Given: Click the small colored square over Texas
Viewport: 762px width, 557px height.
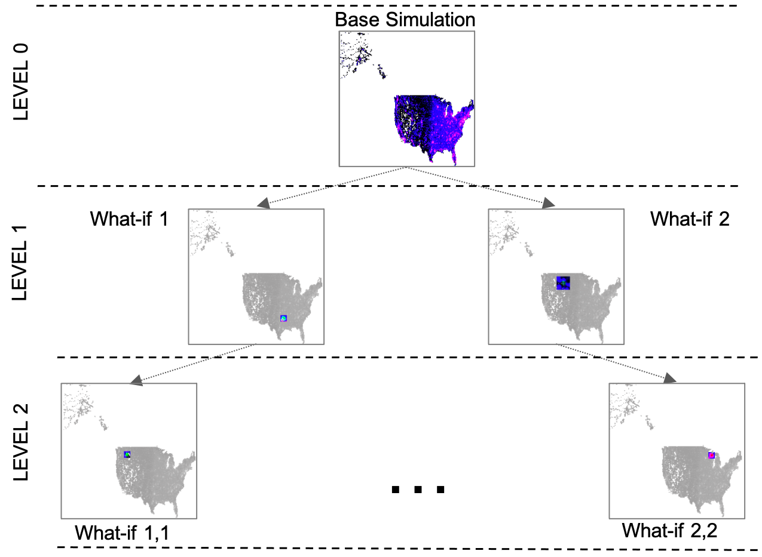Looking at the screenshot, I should click(x=283, y=318).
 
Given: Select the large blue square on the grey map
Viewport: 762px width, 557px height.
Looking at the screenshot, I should click(x=563, y=283).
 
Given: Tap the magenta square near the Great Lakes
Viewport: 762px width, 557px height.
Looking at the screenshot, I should click(x=711, y=455).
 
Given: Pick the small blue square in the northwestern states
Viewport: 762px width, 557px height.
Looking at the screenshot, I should click(x=127, y=454).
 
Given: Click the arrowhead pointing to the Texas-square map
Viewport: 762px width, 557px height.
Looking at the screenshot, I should click(x=264, y=204).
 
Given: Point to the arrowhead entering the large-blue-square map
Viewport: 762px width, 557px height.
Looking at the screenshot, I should click(x=548, y=203).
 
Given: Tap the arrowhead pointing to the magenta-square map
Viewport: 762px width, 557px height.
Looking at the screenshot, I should click(x=669, y=378).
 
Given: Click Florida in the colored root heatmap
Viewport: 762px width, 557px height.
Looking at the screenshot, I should click(x=454, y=156).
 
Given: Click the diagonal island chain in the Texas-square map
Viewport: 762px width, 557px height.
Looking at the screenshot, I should click(x=230, y=250).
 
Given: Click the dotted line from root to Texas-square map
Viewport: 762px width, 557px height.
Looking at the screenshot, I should click(x=335, y=186).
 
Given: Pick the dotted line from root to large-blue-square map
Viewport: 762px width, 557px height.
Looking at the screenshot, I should click(x=478, y=186).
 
